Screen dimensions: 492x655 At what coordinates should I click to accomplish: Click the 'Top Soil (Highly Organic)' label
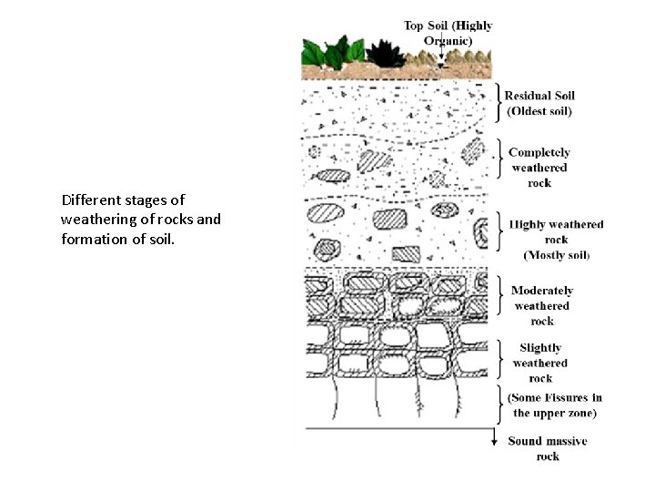(x=448, y=33)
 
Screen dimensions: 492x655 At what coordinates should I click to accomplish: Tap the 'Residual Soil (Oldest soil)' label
(x=539, y=103)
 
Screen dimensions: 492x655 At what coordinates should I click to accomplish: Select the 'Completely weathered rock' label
(x=539, y=168)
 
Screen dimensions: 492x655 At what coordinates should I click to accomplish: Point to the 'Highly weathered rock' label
(x=556, y=231)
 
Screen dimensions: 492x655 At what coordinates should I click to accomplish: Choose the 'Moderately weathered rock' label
(x=542, y=306)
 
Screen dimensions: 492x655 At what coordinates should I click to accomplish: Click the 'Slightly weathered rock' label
(x=540, y=363)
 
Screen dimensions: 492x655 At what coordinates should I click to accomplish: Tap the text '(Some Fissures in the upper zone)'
(x=554, y=405)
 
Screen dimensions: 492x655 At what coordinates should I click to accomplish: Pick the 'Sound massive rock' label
(x=547, y=448)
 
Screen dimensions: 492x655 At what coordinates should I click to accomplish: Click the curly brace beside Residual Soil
(x=498, y=103)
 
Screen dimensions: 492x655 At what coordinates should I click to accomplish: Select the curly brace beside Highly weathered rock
(x=498, y=231)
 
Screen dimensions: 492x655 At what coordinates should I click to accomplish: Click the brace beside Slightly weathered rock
(x=498, y=361)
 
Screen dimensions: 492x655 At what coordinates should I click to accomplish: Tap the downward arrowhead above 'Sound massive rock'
(x=495, y=441)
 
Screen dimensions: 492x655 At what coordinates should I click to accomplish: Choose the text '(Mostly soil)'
(x=556, y=254)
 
